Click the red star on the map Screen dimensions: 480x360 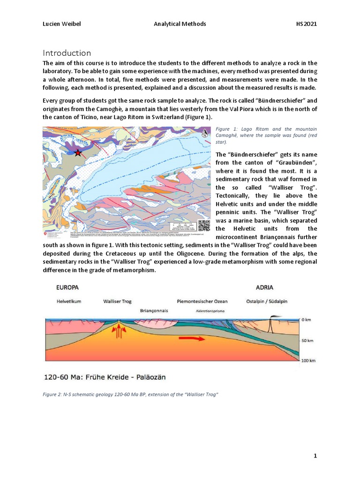coord(78,152)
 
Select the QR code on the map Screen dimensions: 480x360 coord(203,225)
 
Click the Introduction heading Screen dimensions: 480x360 coord(67,52)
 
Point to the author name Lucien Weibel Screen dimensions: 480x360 coord(61,24)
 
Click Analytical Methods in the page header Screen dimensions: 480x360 coord(180,24)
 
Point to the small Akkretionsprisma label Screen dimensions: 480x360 coord(206,310)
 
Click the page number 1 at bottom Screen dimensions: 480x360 coord(315,456)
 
